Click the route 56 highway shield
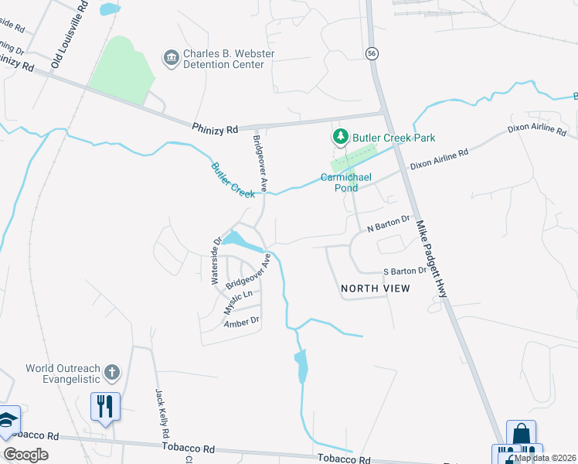tap(373, 53)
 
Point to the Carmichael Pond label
tap(346, 182)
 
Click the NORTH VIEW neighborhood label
tap(376, 288)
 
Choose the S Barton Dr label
tap(405, 271)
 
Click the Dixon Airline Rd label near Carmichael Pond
tap(439, 159)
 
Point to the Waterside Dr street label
tap(216, 261)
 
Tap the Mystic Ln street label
tap(238, 301)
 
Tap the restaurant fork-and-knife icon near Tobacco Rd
tap(105, 405)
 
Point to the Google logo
tap(25, 455)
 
